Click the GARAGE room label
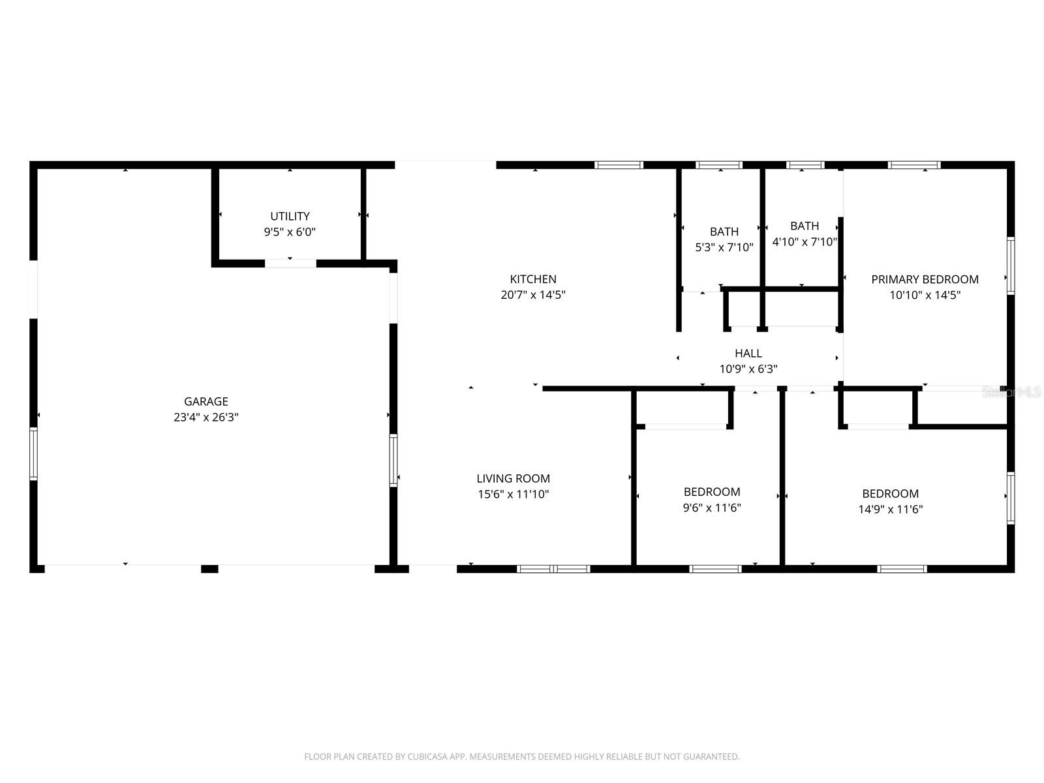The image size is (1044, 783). (x=206, y=402)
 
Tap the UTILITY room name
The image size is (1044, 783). (x=290, y=216)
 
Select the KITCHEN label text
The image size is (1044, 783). (x=533, y=279)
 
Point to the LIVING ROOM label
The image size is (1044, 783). (x=513, y=479)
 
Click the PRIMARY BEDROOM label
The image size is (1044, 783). (x=925, y=279)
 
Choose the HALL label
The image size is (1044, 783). (x=748, y=353)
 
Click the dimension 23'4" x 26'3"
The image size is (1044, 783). (x=206, y=418)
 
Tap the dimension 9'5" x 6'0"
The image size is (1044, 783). (x=290, y=232)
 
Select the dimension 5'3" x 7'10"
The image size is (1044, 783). (x=724, y=247)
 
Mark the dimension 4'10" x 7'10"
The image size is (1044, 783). (x=804, y=241)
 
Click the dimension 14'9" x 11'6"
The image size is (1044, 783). (x=890, y=510)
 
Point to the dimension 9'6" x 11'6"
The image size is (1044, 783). (x=711, y=508)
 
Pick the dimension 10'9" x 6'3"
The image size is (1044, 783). (x=748, y=369)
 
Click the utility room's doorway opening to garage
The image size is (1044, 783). (x=290, y=264)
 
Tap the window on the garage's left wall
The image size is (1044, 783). (x=33, y=454)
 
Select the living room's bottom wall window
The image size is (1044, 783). (x=553, y=569)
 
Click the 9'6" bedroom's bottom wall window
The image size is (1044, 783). (x=715, y=569)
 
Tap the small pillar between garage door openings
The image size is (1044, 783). (x=209, y=569)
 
